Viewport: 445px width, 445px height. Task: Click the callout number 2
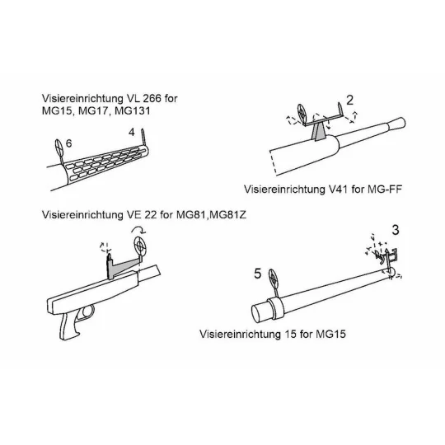349,101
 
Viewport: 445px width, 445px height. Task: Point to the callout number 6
68,144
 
